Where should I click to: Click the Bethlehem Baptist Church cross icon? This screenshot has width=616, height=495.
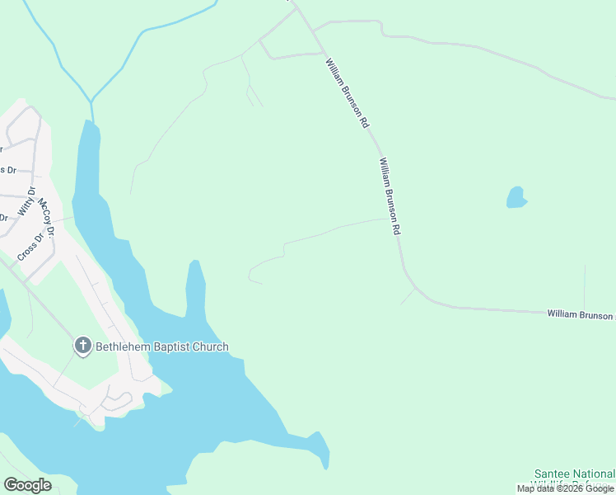82,346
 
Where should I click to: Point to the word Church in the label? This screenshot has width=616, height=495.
210,347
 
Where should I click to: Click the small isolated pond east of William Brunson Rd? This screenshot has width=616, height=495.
516,198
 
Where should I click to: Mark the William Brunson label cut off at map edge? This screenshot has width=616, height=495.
581,314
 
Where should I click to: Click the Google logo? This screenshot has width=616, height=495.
27,485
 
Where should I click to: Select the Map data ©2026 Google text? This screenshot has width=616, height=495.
565,488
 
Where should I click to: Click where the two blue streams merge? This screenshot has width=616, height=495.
91,101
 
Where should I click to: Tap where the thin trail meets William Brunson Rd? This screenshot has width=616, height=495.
387,219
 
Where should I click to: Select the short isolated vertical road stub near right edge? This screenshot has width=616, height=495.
585,285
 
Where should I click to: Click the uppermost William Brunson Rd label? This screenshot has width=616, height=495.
346,92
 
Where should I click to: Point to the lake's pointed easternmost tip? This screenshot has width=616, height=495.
327,466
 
